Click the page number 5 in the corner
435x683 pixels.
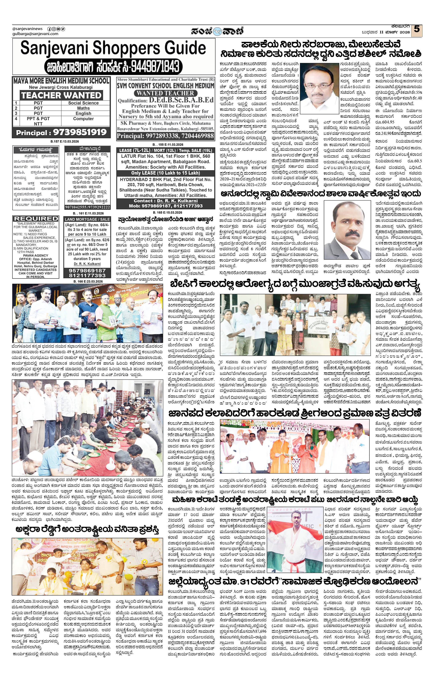[x=416, y=29]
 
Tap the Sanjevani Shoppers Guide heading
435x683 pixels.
[x=113, y=48]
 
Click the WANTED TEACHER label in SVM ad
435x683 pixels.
[x=166, y=93]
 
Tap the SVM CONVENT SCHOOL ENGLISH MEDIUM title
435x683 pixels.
[x=166, y=85]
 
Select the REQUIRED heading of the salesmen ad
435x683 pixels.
[x=36, y=219]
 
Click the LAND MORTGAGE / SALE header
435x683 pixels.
[x=87, y=219]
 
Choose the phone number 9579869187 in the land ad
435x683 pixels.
[x=87, y=271]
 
